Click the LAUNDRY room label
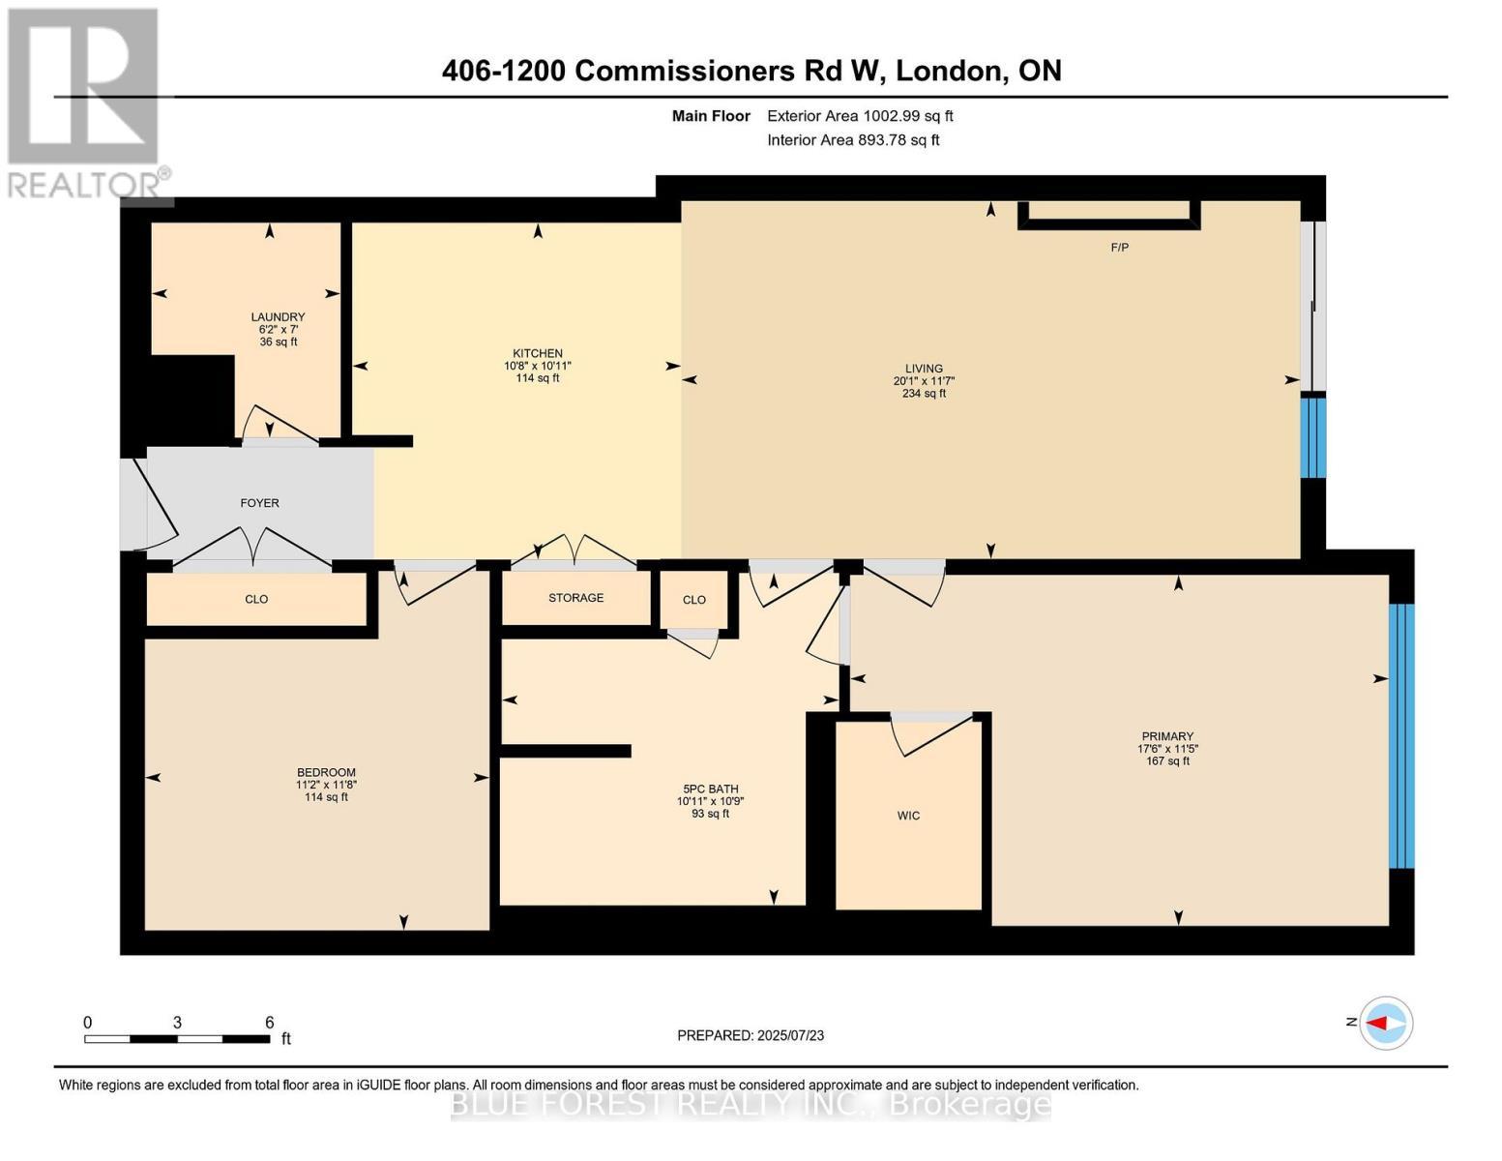[x=278, y=316]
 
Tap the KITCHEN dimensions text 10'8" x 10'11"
[x=538, y=366]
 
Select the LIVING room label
[x=924, y=368]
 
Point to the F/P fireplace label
[x=1119, y=248]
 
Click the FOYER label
[x=259, y=503]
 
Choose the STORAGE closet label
[x=575, y=598]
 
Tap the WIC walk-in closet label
[x=908, y=816]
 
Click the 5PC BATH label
[x=710, y=789]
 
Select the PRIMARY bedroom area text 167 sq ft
[x=1167, y=761]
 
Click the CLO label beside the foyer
[x=256, y=600]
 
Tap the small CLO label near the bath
[x=693, y=600]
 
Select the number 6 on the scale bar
[x=269, y=1023]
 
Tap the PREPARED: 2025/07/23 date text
[x=751, y=1035]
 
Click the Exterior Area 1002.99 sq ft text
[x=860, y=116]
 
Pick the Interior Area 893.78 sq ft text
[x=853, y=140]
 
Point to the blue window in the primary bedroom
[x=1400, y=735]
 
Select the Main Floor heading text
[x=711, y=116]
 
